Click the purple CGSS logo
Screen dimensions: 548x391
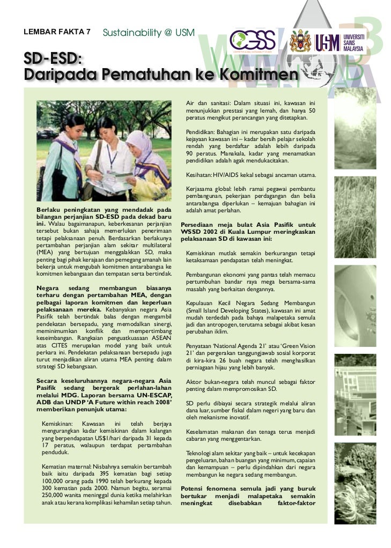(x=253, y=40)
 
